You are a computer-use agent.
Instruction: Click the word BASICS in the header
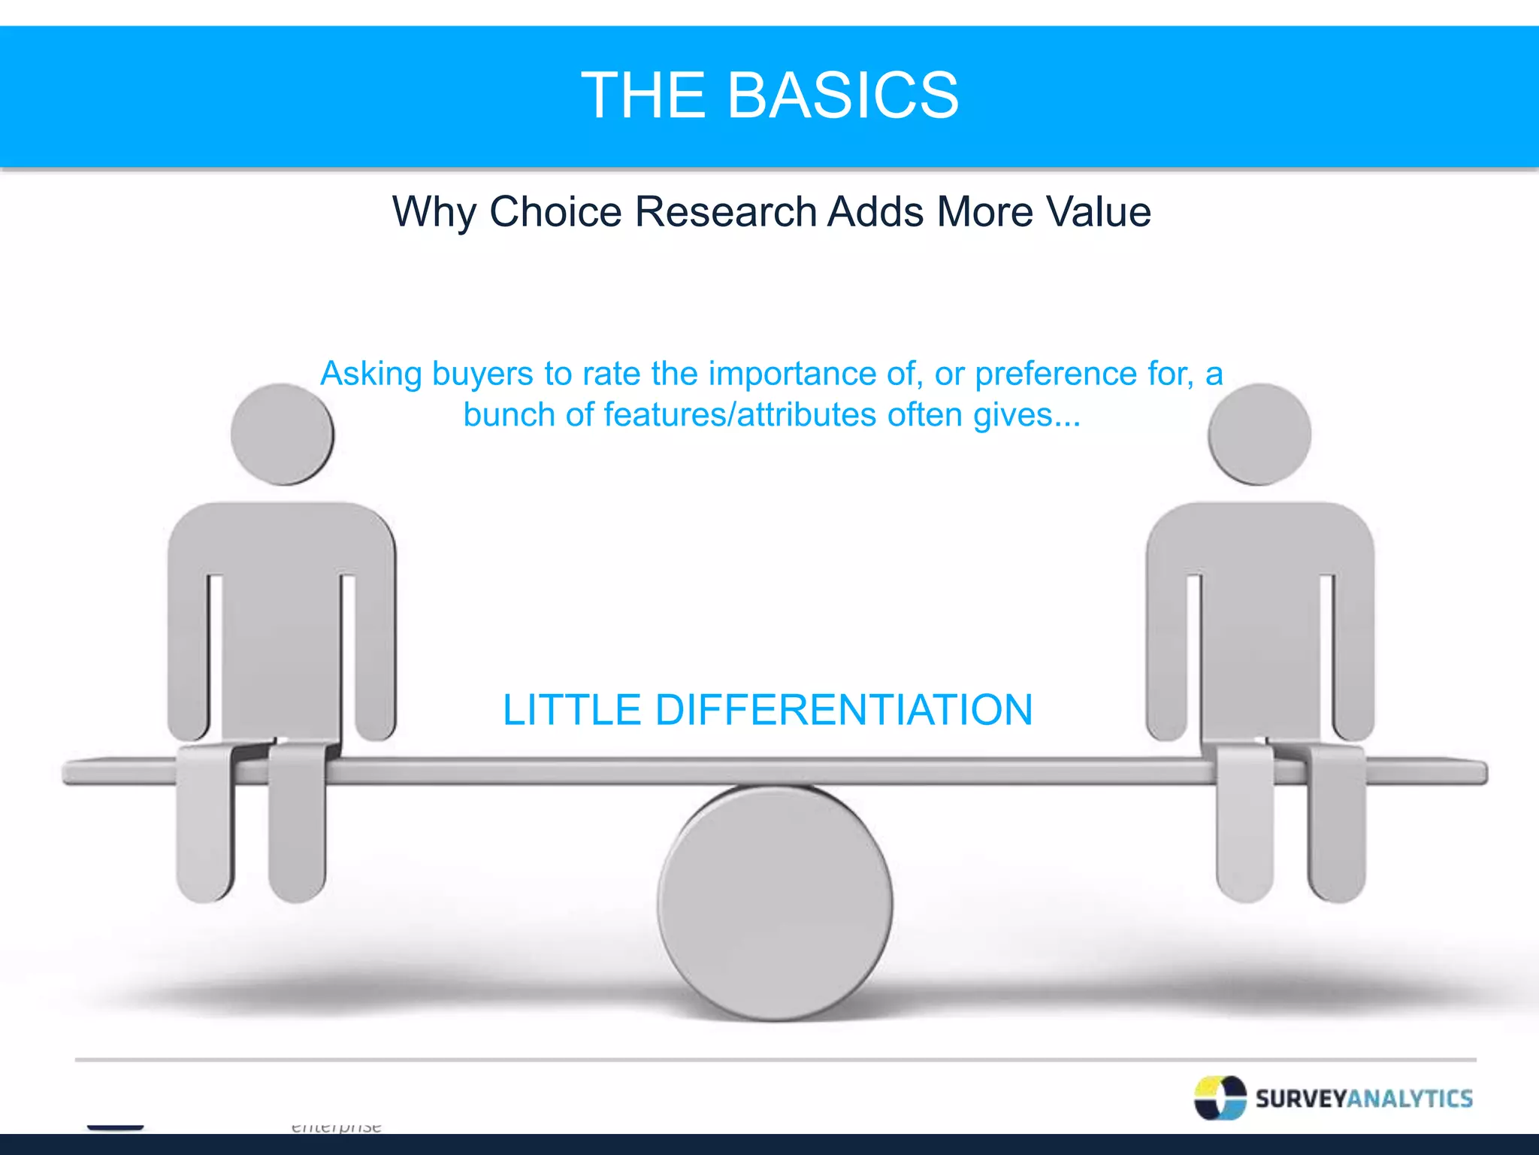pyautogui.click(x=842, y=95)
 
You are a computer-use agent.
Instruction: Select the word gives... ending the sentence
pyautogui.click(x=1027, y=415)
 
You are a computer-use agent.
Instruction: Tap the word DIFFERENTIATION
pyautogui.click(x=843, y=710)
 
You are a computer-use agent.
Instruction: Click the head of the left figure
pyautogui.click(x=282, y=435)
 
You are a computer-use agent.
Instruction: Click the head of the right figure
pyautogui.click(x=1259, y=435)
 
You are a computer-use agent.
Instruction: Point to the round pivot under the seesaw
pyautogui.click(x=775, y=902)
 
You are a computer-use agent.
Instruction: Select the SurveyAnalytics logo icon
pyautogui.click(x=1220, y=1099)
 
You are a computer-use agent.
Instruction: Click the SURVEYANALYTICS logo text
pyautogui.click(x=1364, y=1099)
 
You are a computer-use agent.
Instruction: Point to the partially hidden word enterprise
pyautogui.click(x=336, y=1126)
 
